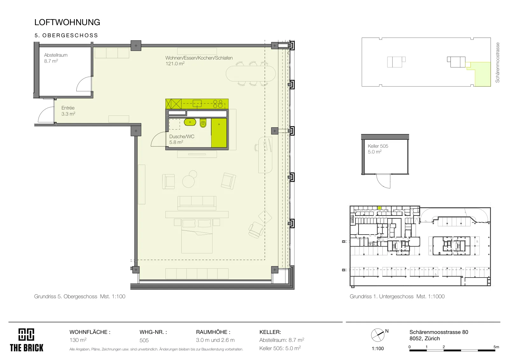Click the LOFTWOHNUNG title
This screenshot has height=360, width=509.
click(67, 22)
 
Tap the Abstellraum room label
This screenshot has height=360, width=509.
click(56, 55)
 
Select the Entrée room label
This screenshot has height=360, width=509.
click(68, 108)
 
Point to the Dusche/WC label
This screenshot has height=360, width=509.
click(182, 137)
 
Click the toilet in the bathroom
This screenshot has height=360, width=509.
click(203, 123)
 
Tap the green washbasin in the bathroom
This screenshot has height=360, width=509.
click(190, 122)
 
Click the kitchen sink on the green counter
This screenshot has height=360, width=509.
click(197, 103)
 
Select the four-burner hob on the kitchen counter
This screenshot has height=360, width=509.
click(218, 104)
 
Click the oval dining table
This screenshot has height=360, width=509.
click(251, 74)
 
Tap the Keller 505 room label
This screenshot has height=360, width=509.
click(378, 146)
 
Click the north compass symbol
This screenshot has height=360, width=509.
click(378, 335)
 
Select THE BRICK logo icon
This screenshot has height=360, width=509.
click(26, 335)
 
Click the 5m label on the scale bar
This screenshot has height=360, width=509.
click(496, 347)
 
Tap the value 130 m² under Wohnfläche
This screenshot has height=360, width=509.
click(78, 340)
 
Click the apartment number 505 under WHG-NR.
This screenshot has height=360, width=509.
click(144, 340)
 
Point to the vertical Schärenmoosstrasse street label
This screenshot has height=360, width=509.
click(498, 62)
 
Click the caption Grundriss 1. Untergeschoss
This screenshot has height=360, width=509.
click(381, 296)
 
